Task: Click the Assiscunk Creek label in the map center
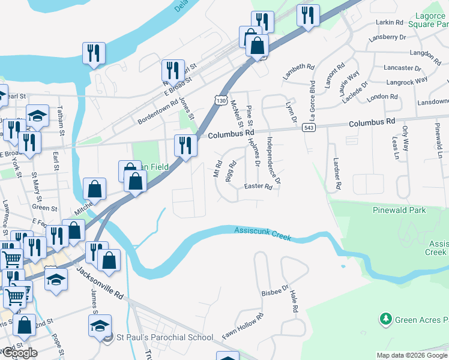262,233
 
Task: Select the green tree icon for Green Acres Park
385,319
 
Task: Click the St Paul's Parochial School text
164,337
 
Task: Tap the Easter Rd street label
258,187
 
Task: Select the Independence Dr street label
273,159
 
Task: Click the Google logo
19,352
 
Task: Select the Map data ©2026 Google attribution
411,355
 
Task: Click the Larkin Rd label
389,22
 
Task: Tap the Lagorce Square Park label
427,19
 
